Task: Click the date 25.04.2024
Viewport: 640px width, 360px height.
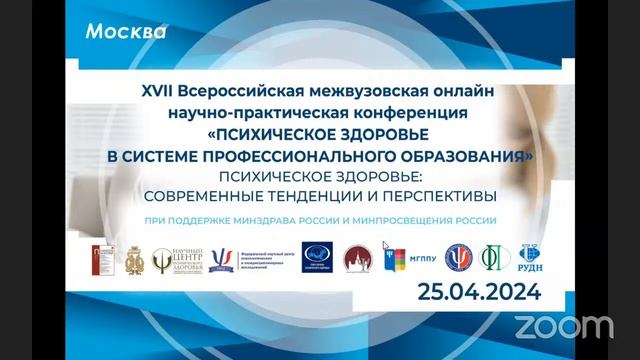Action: pos(481,291)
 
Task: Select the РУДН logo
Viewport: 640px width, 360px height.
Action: pos(528,258)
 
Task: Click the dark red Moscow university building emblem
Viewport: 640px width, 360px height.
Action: pos(357,259)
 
